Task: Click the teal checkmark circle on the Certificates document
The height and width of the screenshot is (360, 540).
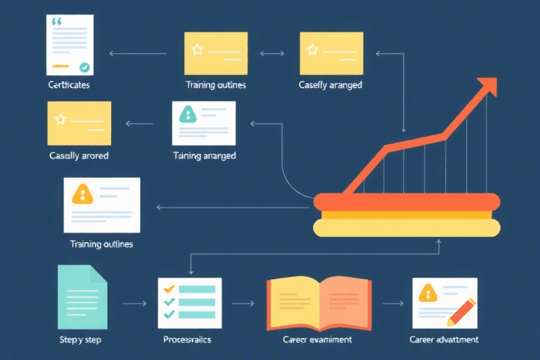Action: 84,67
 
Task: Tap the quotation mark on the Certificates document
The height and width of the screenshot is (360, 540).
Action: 57,22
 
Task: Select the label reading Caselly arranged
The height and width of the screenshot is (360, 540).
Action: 330,85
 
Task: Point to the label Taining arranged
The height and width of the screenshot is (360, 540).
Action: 205,155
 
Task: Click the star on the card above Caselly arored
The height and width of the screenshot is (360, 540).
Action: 60,119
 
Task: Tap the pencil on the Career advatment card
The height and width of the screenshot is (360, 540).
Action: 460,310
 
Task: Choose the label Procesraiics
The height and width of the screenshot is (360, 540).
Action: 186,340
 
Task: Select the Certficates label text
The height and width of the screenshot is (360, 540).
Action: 69,85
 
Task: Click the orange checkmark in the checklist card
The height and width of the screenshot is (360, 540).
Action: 168,288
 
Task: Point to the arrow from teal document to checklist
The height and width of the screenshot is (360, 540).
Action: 134,304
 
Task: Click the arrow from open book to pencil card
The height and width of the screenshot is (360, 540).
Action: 392,304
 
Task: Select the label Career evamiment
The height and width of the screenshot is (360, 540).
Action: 317,340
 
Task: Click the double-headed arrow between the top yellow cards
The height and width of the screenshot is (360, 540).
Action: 272,53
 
